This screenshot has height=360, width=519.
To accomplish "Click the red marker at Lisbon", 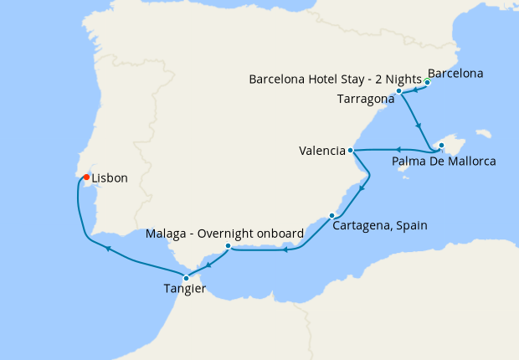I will [85, 177].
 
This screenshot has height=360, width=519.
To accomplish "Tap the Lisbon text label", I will [110, 178].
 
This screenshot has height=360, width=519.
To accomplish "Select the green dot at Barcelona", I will [428, 82].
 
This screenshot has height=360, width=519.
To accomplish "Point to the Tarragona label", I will [365, 99].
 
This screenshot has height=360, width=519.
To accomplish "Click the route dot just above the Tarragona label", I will [400, 90].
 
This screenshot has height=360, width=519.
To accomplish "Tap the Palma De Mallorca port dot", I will [440, 147].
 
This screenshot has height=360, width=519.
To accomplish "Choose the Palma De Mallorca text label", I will [444, 161].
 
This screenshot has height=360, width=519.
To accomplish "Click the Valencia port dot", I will [351, 151].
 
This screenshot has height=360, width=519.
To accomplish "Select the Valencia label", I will [322, 152].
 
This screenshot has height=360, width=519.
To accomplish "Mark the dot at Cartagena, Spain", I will [331, 215].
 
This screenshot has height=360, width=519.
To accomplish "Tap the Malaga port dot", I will [228, 245].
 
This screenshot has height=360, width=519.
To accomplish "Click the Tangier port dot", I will [186, 278].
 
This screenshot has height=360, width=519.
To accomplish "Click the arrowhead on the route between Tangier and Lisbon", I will [107, 248].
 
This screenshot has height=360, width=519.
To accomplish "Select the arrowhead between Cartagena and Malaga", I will [285, 249].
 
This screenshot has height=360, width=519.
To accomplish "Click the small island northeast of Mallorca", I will [482, 133].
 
